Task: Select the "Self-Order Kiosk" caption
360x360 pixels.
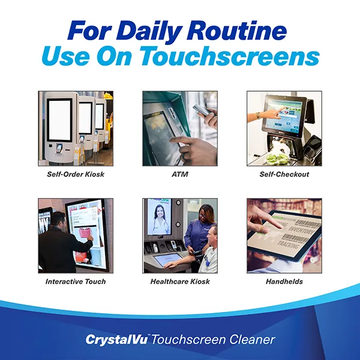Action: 76,174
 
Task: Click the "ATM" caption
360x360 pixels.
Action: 180,174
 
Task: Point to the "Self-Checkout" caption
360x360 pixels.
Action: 284,174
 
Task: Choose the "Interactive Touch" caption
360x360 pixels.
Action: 76,281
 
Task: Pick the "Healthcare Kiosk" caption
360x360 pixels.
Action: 180,281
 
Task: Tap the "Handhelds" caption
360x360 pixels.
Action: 284,281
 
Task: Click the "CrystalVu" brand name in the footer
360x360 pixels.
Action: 116,340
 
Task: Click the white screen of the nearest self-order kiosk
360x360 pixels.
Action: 59,120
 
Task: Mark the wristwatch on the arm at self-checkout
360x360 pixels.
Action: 259,115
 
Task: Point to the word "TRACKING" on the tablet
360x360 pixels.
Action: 288,244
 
